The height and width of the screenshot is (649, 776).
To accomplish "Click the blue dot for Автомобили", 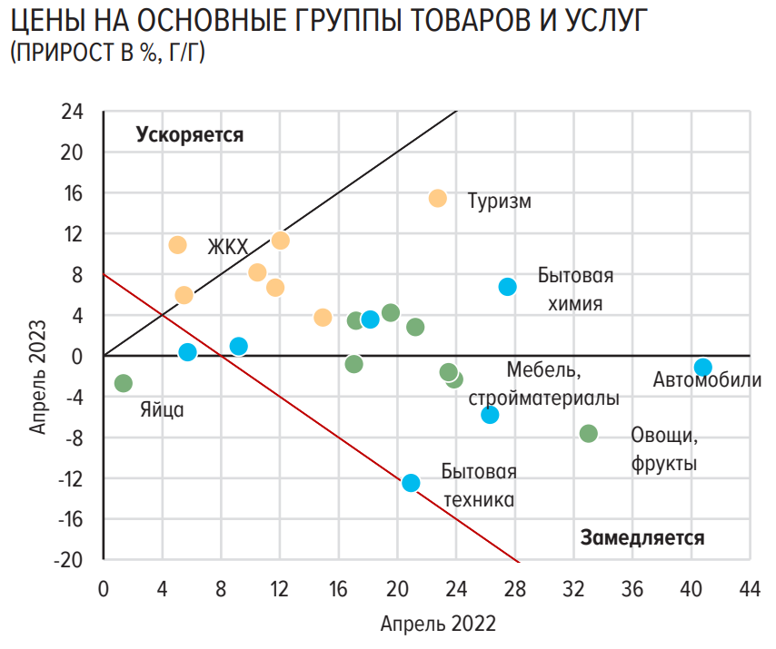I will pos(702,368).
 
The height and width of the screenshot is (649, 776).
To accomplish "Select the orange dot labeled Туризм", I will pos(438,199).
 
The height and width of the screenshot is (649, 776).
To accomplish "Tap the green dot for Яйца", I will pos(124,383).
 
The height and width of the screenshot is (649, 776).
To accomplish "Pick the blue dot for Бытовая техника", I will pos(411,483).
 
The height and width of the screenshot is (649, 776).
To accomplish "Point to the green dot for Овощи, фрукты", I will pos(588,434).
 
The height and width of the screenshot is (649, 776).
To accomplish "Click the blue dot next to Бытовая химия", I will pos(507,287).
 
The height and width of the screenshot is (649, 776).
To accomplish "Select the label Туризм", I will pos(499,202).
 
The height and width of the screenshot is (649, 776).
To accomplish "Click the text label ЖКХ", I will pos(227,247).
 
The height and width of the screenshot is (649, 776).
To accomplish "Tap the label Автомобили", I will pos(707,380).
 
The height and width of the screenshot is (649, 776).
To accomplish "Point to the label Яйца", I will pos(162,409).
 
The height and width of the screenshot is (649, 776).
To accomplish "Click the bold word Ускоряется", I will pos(190,135).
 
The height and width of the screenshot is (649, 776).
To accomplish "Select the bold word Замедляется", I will pos(642,537).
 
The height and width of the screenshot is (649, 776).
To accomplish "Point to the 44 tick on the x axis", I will pos(749,589).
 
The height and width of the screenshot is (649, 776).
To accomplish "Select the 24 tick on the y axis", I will pos(72,112).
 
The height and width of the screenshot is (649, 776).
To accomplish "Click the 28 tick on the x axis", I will pos(515,589).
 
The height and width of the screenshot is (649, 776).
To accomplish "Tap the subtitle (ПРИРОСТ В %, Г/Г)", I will pos(107,54).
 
